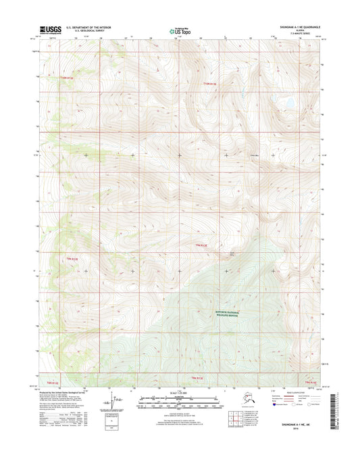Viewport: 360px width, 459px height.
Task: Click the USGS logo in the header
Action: click(51, 30)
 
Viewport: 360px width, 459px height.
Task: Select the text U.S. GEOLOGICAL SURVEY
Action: click(86, 31)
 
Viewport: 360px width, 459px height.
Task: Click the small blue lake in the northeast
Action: click(288, 104)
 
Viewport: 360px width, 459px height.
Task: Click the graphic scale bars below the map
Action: click(179, 402)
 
